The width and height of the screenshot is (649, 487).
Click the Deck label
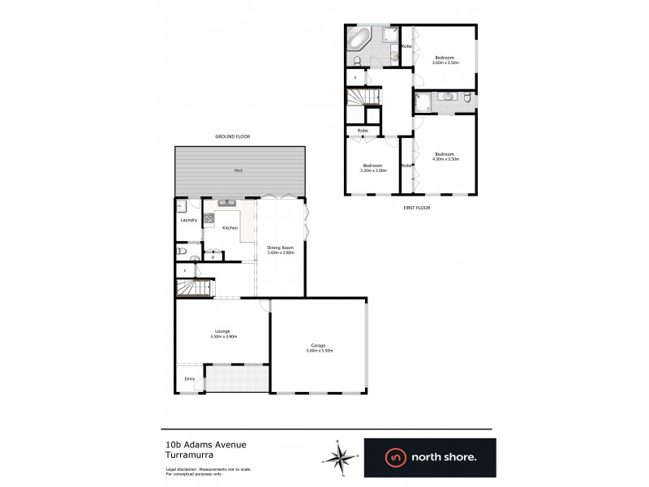point(239,170)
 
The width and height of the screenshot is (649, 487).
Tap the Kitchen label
point(230,228)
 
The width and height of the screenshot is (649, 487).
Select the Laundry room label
point(189,220)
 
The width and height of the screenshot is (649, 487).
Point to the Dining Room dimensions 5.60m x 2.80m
point(280,252)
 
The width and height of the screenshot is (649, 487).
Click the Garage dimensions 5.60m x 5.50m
point(319,351)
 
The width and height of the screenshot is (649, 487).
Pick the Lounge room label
point(222,331)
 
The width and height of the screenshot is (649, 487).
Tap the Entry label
point(190,379)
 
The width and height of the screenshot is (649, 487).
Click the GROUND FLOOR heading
point(232,136)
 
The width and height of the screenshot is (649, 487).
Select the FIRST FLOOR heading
point(417,208)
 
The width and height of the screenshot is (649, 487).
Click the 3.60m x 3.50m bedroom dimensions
point(445,62)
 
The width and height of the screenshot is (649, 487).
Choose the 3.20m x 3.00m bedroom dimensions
point(374,170)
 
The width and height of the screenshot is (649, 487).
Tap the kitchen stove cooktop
point(208,218)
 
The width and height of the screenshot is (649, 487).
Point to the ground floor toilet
point(181,251)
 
